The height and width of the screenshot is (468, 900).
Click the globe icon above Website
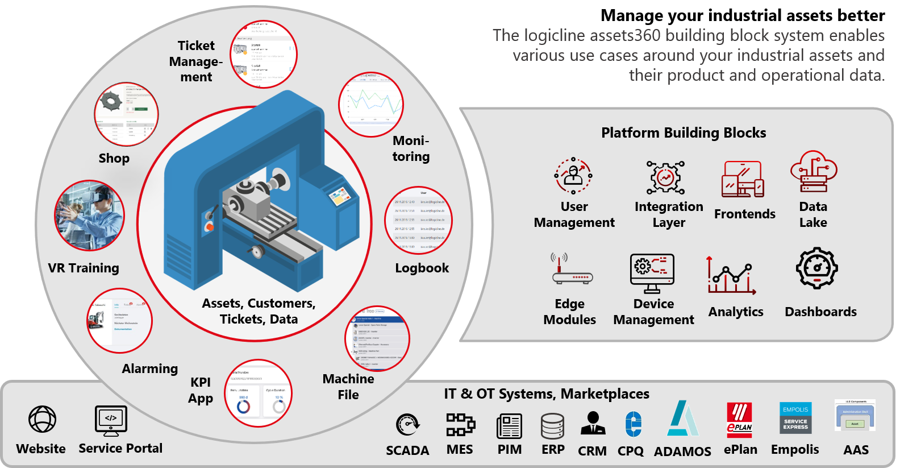[x=43, y=420]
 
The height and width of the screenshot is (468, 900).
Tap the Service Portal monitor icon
[x=111, y=420]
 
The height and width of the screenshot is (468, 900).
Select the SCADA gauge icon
[x=407, y=425]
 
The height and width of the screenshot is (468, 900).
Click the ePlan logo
[x=740, y=420]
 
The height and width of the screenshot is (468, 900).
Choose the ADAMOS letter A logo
[x=683, y=419]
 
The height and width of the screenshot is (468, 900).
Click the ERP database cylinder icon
[x=552, y=425]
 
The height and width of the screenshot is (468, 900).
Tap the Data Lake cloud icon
[x=814, y=171]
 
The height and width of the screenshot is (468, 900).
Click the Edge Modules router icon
[x=572, y=270]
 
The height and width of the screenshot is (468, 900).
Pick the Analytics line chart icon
[x=731, y=276]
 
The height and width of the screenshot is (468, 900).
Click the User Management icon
[x=573, y=175]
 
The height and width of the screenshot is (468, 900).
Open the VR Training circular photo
[x=89, y=216]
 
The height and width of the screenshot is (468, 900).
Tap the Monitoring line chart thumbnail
[x=371, y=104]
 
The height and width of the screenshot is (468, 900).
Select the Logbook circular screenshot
[x=419, y=220]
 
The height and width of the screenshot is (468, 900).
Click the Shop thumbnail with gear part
[x=126, y=114]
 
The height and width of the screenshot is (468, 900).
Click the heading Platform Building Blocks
[x=684, y=132]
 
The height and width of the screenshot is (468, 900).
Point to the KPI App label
[x=201, y=390]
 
